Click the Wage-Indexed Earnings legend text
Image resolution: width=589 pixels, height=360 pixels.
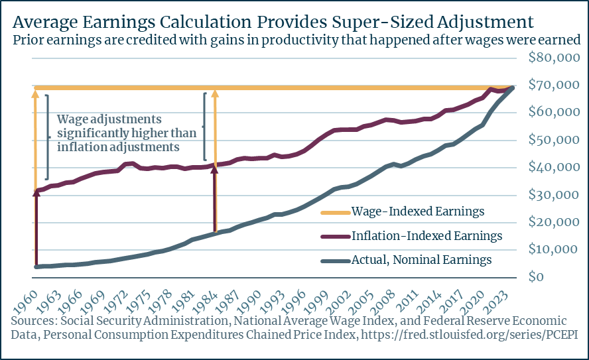(426, 212)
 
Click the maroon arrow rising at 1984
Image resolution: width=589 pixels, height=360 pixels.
(214, 199)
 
